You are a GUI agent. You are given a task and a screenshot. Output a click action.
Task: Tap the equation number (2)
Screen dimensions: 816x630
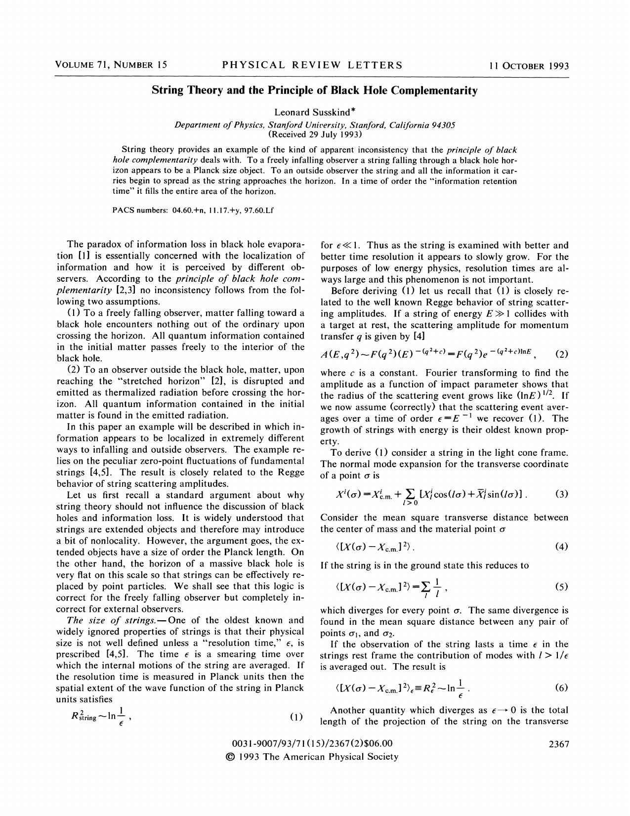pos(562,354)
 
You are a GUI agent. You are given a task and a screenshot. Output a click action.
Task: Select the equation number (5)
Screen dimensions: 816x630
pos(561,587)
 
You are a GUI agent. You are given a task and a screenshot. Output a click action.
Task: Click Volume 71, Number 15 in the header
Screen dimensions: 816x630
pos(111,65)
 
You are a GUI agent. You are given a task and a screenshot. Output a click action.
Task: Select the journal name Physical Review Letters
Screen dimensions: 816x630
pos(312,65)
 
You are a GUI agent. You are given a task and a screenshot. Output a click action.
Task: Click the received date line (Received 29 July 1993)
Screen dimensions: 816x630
pos(315,134)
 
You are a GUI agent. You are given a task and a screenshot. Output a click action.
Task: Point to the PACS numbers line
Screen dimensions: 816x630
pos(193,210)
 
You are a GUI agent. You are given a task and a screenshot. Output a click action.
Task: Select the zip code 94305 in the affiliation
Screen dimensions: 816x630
pos(443,125)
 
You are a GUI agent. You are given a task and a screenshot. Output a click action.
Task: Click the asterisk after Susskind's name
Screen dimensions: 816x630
pos(353,111)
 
